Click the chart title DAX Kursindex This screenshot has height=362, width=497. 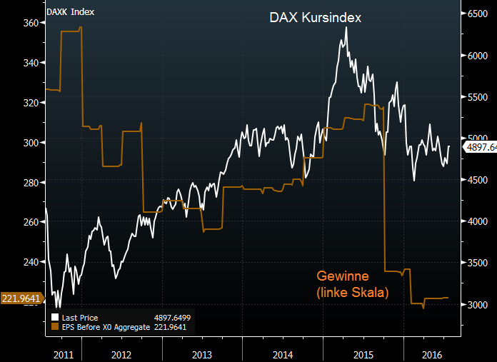pos(314,17)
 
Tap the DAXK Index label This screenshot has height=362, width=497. pos(70,12)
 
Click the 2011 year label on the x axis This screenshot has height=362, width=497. pos(64,354)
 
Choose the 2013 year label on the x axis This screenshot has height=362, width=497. pos(202,354)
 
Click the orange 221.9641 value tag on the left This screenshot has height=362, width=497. pos(21,298)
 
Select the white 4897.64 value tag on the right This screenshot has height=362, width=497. pos(480,147)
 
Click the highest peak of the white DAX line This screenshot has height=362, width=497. pos(346,27)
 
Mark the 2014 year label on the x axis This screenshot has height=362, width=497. pos(283,354)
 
